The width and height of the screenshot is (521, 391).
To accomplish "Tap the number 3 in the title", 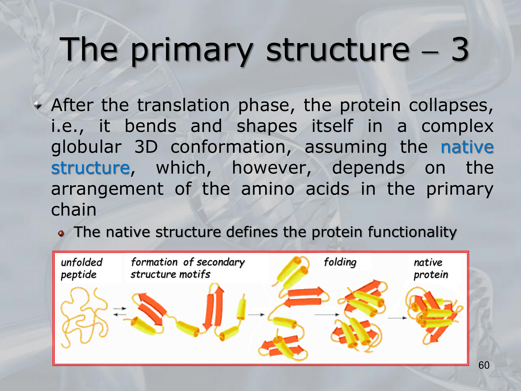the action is tap(460, 49).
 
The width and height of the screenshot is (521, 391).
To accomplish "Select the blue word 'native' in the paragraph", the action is tap(467, 147).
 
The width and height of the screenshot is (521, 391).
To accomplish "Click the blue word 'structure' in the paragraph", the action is tap(90, 168).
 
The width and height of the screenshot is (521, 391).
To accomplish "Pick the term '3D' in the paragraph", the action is tap(146, 147).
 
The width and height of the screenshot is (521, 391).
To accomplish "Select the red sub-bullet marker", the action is tap(61, 233).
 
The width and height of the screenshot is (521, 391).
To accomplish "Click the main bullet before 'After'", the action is tap(38, 106).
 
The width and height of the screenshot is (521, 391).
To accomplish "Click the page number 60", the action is tap(484, 365).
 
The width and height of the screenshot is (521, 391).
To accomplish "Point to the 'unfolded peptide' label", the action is tap(82, 268).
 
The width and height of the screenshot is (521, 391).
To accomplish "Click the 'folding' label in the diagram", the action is tap(340, 262).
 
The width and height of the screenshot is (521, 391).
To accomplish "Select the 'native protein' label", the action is tap(431, 268).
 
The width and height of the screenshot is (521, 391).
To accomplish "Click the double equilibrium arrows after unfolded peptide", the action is tap(120, 312).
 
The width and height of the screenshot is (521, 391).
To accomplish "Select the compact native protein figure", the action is tap(434, 315).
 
